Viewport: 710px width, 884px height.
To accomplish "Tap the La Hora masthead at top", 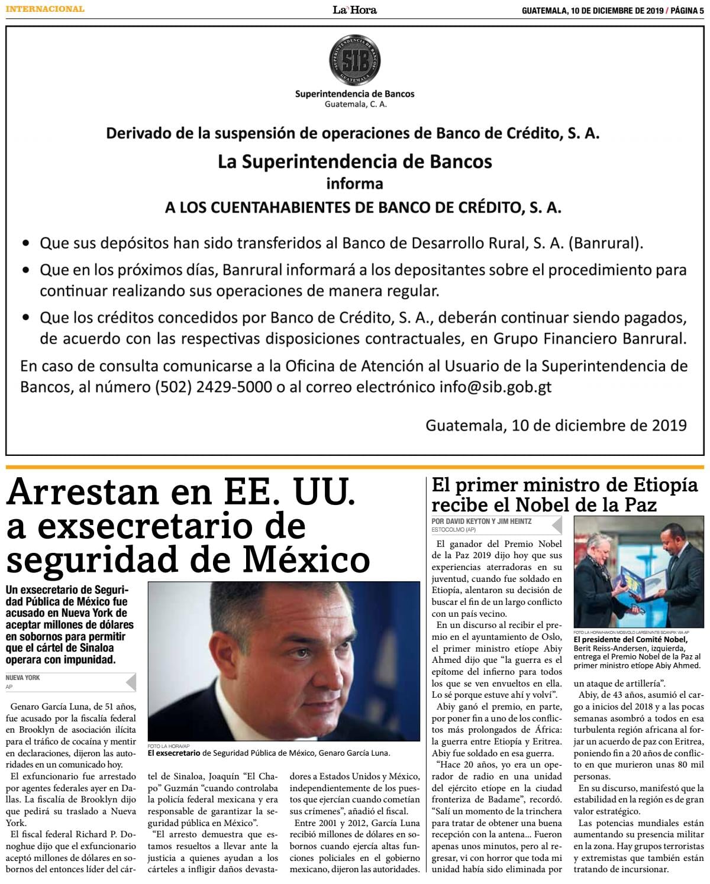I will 354,9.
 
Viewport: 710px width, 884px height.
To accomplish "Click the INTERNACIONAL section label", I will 45,9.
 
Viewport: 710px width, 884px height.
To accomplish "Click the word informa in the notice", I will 354,184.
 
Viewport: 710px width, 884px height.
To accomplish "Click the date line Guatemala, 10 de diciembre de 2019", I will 556,425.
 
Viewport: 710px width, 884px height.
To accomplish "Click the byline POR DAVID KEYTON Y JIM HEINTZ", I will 482,521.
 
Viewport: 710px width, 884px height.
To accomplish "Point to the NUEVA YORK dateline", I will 23,678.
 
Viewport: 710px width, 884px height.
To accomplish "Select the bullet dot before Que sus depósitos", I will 26,244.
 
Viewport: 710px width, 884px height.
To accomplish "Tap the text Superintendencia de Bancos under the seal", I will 354,93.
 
